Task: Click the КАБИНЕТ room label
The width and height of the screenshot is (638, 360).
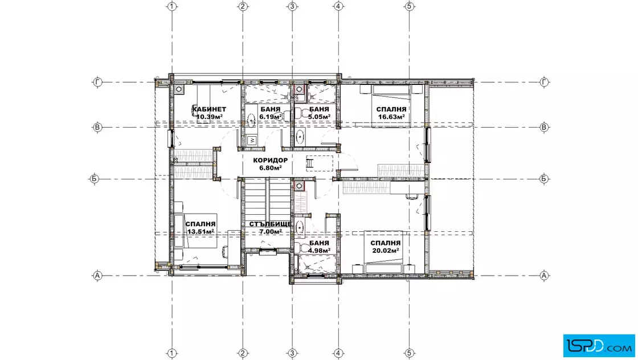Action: (209, 109)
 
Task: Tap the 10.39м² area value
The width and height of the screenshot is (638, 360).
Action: (209, 117)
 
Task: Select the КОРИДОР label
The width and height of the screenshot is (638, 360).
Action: (270, 160)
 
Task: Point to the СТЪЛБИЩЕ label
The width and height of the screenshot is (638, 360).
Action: (270, 224)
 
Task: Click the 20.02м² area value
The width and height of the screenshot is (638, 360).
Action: (385, 251)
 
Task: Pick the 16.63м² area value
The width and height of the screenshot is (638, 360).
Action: (391, 117)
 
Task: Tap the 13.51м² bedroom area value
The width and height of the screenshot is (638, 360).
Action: (201, 232)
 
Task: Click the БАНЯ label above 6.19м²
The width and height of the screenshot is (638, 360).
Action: (270, 109)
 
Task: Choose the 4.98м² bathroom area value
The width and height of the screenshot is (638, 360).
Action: (319, 251)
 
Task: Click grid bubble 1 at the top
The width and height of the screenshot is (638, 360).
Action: (172, 6)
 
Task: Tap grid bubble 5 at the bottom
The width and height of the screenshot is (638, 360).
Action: (410, 353)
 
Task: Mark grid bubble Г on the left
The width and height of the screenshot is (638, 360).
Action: (97, 82)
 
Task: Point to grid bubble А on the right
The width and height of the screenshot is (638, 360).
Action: (545, 275)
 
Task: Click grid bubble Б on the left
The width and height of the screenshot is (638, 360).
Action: (94, 179)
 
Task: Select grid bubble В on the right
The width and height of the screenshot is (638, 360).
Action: (545, 128)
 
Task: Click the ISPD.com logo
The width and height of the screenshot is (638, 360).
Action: (599, 345)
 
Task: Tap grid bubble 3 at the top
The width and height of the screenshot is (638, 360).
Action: (292, 6)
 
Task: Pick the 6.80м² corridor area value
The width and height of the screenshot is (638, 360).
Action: (270, 167)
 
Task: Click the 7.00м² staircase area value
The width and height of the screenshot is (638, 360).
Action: (270, 232)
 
